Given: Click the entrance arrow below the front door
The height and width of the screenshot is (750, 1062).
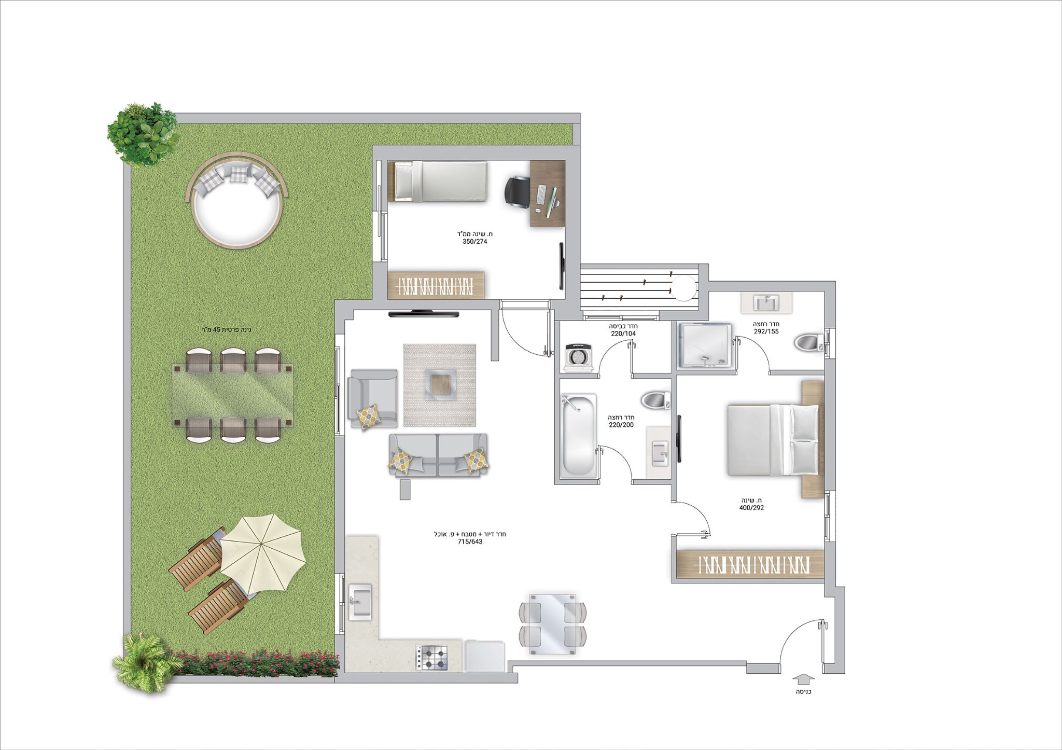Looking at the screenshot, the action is (x=804, y=679).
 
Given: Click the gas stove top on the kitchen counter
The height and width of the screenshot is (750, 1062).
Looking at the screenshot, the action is (x=432, y=658).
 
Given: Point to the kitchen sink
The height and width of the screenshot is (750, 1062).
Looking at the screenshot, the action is (x=360, y=602).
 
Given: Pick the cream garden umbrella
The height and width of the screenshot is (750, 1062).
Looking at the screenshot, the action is (x=262, y=554).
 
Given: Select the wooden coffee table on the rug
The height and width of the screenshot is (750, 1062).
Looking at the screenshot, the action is (x=439, y=384).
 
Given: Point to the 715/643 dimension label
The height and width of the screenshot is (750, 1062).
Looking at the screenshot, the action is (x=470, y=541).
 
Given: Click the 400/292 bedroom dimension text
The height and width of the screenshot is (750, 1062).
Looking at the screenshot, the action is (x=751, y=508).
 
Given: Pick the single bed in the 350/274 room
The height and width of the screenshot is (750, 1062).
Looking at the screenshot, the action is (x=438, y=181).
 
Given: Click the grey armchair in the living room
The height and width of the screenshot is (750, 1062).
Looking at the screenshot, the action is (x=373, y=398).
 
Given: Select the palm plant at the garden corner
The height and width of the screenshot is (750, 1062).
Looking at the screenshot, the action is (x=145, y=663).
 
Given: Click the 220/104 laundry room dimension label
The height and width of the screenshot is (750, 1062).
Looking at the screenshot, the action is (x=623, y=334).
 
